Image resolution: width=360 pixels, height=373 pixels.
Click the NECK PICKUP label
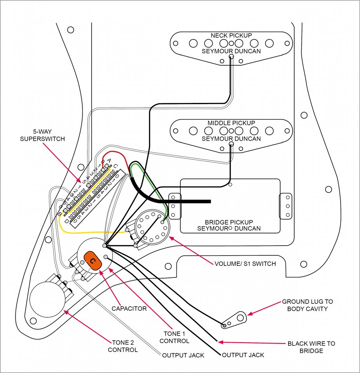point(231,35)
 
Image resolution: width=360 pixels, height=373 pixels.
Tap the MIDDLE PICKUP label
point(231,123)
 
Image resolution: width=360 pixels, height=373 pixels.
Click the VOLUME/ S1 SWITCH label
point(245,264)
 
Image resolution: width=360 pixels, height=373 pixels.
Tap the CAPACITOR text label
point(129,309)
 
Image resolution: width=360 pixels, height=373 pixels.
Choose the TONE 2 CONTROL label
point(122,346)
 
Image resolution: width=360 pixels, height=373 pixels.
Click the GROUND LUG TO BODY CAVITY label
point(307,305)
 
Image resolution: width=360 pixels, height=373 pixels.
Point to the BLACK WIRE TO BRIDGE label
point(311,347)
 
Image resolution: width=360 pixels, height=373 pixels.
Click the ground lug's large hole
point(240,318)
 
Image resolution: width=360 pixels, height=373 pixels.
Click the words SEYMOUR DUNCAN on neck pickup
point(231,51)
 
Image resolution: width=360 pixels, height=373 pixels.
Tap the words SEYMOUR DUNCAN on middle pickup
point(231,139)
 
